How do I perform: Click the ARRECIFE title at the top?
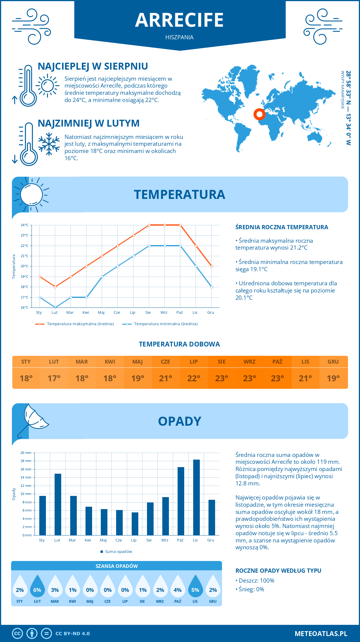tap(179, 20)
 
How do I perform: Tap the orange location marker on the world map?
tap(259, 114)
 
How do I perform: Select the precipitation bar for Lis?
tap(196, 497)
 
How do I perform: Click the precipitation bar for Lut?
tap(58, 504)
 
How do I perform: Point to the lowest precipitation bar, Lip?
tap(135, 524)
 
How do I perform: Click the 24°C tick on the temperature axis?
tap(25, 225)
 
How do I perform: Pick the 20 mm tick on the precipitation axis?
tap(26, 453)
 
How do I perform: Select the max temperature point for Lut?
tap(55, 287)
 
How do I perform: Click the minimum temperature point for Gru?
tap(211, 287)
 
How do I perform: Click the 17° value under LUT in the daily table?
tap(54, 378)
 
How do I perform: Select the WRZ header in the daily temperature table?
tap(249, 362)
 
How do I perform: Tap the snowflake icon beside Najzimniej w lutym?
tap(49, 144)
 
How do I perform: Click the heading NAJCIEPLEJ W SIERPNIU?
tap(93, 66)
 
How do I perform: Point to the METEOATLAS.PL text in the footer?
tap(321, 634)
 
